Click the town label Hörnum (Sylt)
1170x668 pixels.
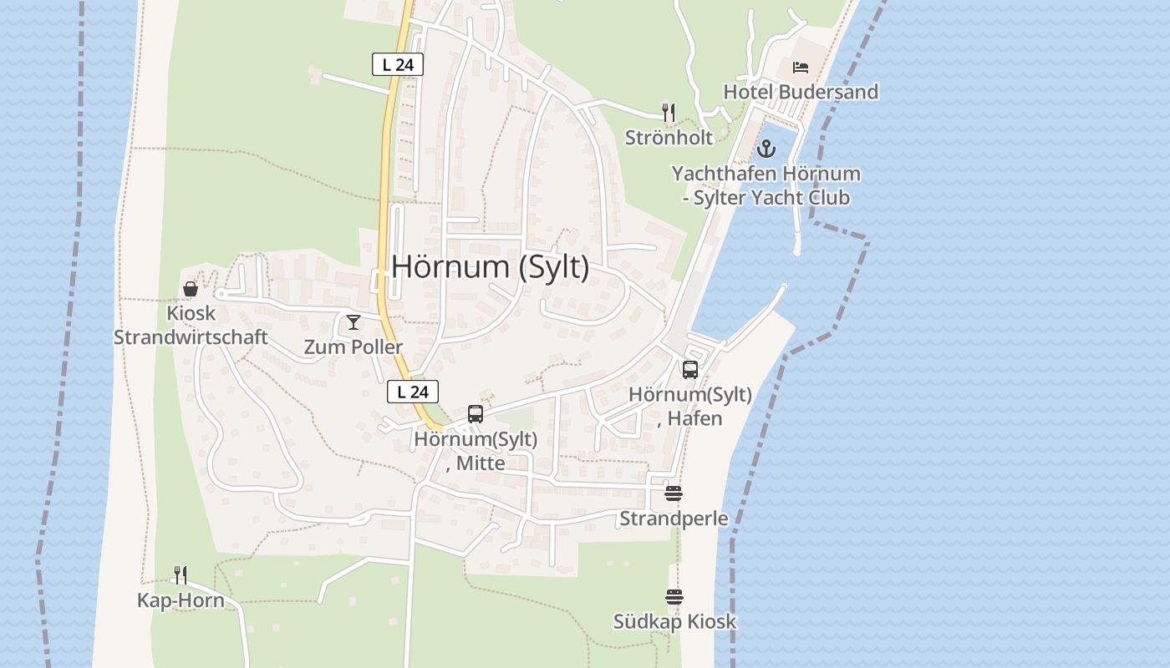(490, 267)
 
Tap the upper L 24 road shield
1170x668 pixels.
(398, 64)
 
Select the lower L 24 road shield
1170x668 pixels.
(413, 392)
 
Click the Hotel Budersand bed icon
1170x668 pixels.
(801, 68)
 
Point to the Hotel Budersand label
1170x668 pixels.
(801, 92)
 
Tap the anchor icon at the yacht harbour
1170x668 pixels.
(766, 149)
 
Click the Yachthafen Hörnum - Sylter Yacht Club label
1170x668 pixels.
(766, 186)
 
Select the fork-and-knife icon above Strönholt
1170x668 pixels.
(668, 112)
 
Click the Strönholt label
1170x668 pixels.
(669, 137)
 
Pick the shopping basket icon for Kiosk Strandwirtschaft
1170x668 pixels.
(191, 289)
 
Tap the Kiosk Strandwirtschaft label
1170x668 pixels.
(191, 326)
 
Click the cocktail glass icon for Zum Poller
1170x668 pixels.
(354, 322)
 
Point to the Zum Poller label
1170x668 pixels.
(354, 347)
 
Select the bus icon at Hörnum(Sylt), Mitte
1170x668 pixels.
(476, 414)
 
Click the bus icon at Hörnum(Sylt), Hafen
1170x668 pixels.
(690, 370)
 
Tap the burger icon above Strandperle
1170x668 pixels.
(674, 493)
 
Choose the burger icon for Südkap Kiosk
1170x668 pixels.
(674, 597)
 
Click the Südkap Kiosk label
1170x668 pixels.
(674, 621)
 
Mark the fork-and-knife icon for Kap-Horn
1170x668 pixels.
(181, 574)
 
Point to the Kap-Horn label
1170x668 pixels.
(181, 600)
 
